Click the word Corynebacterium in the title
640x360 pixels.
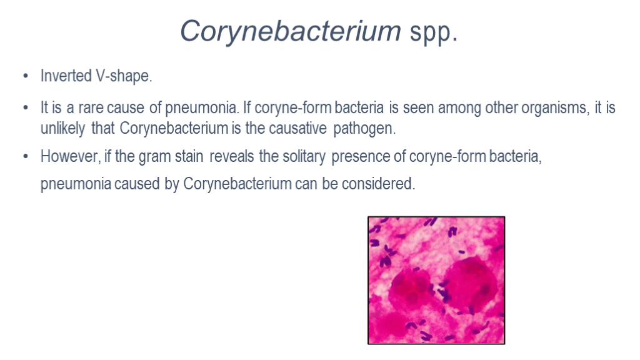pos(291,31)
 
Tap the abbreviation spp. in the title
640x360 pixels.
pos(434,33)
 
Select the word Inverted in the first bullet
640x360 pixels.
pos(66,76)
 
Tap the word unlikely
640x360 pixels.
pos(63,129)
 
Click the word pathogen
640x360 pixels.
pos(364,129)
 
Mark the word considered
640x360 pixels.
pos(378,184)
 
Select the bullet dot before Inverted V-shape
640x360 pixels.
pos(26,76)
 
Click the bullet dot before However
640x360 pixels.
pos(26,157)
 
